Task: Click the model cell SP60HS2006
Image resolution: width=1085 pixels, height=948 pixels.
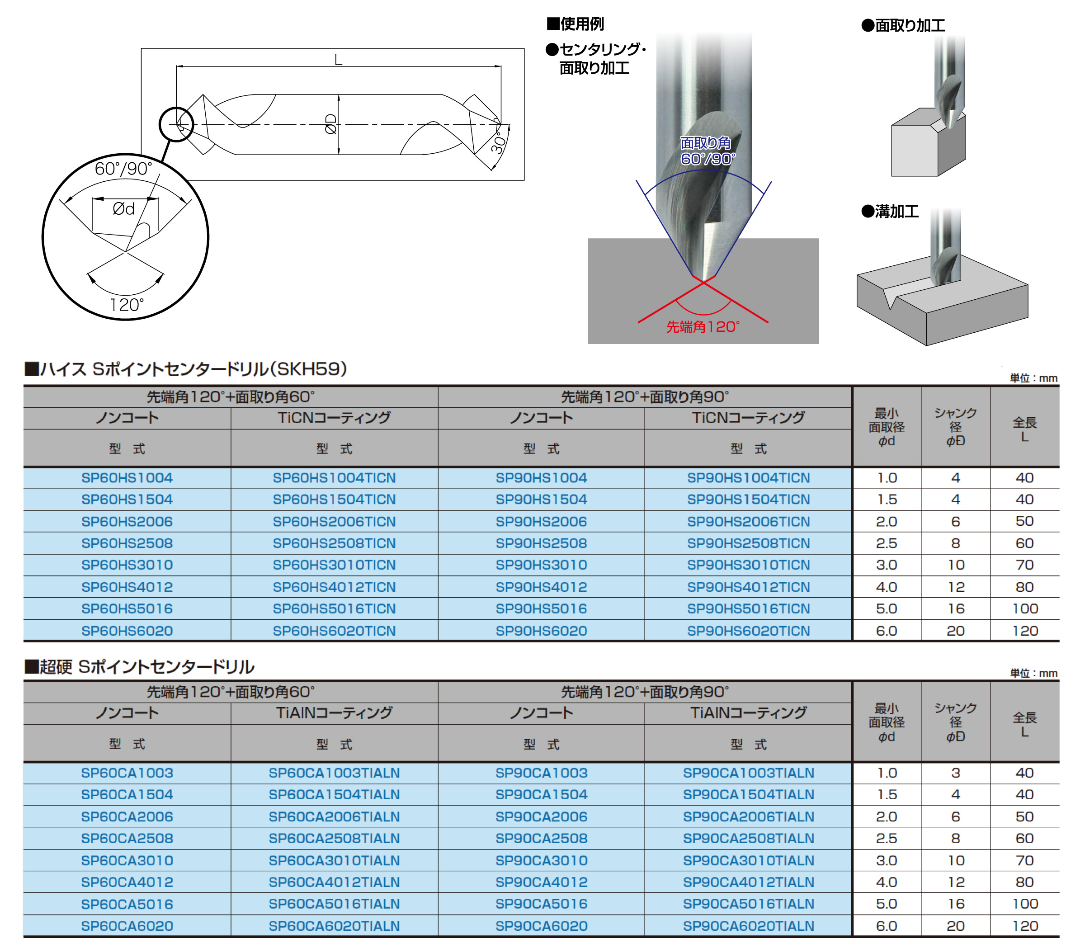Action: (x=127, y=522)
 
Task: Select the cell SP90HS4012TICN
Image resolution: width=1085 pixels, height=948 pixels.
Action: (x=749, y=587)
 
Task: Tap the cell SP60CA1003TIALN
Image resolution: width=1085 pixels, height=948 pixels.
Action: (x=335, y=773)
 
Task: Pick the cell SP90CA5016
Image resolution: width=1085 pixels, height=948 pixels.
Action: (x=541, y=904)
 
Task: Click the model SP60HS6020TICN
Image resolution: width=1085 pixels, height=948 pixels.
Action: (x=335, y=631)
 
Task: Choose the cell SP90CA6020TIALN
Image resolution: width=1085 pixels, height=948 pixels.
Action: (x=749, y=926)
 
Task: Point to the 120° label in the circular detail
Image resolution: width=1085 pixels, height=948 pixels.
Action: (x=127, y=305)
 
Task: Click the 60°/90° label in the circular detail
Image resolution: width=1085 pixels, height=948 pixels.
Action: (x=124, y=169)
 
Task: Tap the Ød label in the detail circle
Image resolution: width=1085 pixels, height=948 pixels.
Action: (x=124, y=209)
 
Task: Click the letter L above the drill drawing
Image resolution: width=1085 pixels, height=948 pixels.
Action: (x=339, y=60)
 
